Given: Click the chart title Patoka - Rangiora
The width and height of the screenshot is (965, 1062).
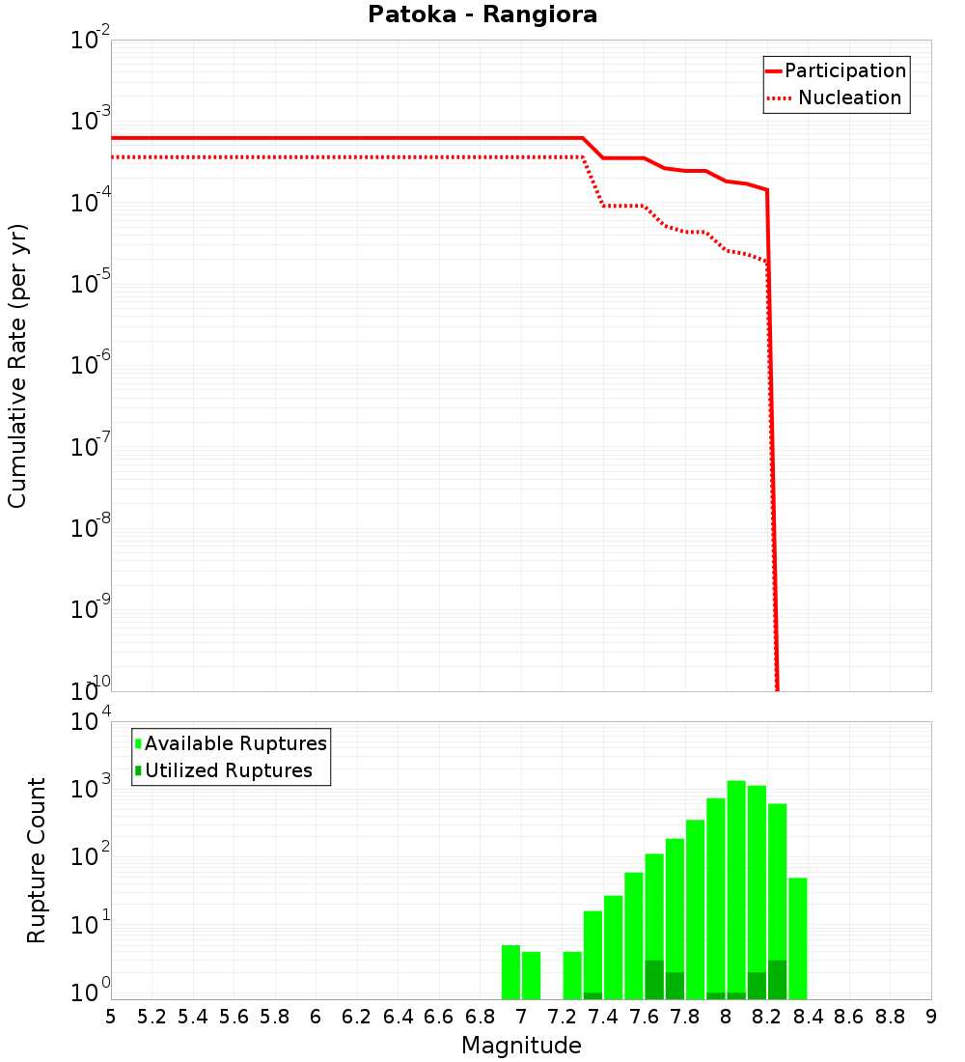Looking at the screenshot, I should click(x=482, y=15).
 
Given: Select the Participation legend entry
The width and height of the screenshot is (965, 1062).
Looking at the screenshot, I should click(x=844, y=70).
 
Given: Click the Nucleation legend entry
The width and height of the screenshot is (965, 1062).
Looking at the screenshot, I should click(x=848, y=98).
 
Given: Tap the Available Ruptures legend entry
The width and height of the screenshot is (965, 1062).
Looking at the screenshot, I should click(x=235, y=743).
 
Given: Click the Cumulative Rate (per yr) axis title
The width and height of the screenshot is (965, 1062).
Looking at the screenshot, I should click(x=17, y=365).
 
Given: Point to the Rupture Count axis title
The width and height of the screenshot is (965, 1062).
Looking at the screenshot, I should click(x=37, y=859).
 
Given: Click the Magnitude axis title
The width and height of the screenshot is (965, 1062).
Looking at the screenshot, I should click(x=521, y=1046).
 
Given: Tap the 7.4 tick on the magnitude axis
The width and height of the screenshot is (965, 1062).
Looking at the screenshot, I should click(x=603, y=1017).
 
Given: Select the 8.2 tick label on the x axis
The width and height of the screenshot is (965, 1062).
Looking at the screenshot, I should click(x=767, y=1017).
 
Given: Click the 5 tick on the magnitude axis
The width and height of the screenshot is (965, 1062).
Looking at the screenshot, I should click(x=111, y=1017).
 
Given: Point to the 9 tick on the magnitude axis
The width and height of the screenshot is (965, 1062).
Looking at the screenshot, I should click(x=931, y=1017).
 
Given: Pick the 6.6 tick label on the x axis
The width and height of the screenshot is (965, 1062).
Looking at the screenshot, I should click(x=439, y=1017).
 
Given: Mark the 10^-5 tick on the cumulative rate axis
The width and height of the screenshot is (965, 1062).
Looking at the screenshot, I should click(x=92, y=284).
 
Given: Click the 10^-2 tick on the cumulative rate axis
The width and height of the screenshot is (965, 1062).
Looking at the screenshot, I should click(x=92, y=41).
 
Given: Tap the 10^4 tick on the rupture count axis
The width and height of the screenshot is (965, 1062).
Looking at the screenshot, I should click(x=92, y=722).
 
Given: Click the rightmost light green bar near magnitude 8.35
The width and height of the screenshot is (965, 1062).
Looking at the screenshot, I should click(x=798, y=936).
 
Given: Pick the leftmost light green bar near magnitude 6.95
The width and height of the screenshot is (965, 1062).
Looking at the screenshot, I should click(x=510, y=971).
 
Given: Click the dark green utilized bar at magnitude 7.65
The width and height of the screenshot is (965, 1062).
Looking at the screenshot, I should click(x=654, y=980).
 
